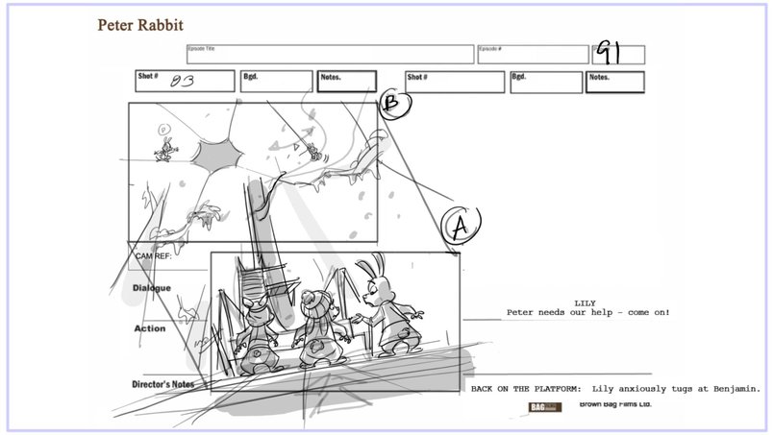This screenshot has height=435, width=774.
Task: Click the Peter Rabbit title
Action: click(x=140, y=24)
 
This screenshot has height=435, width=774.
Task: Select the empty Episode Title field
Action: click(x=330, y=55)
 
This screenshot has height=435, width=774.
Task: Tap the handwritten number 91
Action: click(x=611, y=54)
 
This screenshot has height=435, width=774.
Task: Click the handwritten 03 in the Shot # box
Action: click(x=182, y=83)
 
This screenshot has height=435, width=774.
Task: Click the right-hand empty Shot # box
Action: click(x=454, y=82)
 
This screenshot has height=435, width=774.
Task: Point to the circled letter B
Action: click(x=392, y=106)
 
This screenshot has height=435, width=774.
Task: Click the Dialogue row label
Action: click(x=152, y=288)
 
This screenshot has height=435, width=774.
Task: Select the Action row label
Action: click(x=149, y=328)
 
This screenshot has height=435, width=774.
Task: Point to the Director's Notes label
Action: click(x=163, y=385)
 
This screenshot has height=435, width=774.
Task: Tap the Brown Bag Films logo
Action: click(x=545, y=407)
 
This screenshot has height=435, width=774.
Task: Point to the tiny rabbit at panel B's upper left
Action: click(x=166, y=146)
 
